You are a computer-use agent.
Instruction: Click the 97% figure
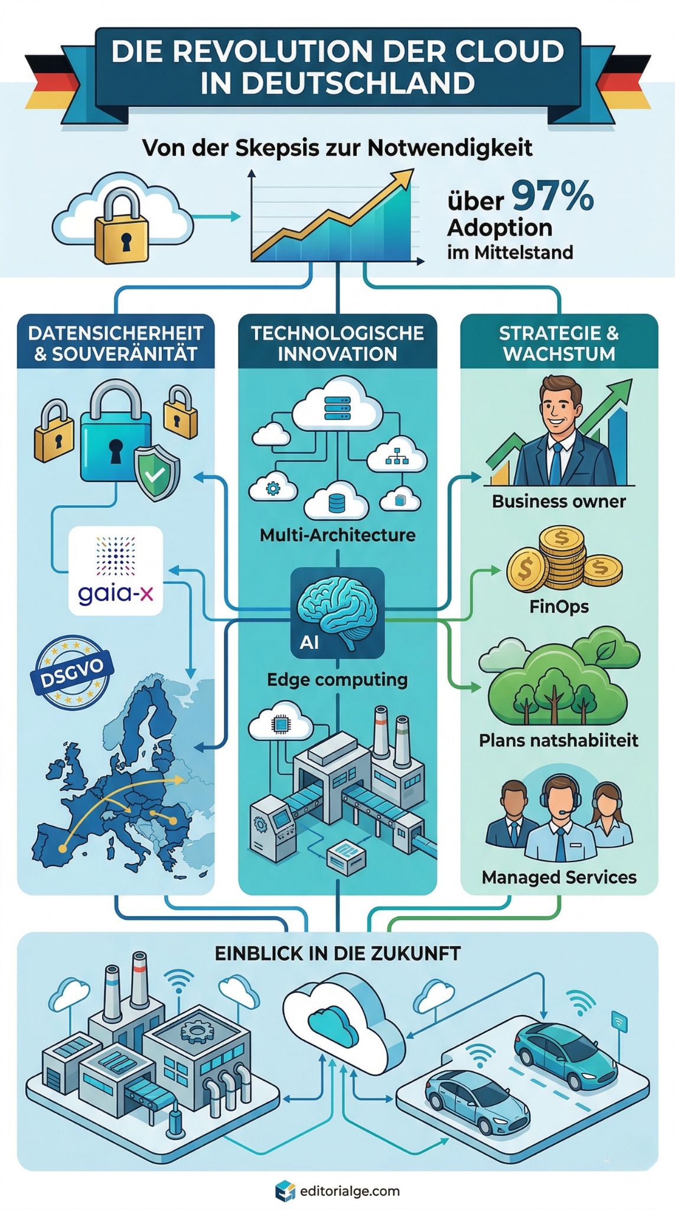coord(552,197)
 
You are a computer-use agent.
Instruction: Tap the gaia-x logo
coord(116,571)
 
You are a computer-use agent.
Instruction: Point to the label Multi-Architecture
coord(337,535)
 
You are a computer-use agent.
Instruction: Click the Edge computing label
coord(337,679)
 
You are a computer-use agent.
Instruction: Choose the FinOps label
coord(559,607)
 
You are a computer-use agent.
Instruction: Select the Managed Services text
coord(559,877)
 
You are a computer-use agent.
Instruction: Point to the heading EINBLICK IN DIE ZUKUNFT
coord(337,954)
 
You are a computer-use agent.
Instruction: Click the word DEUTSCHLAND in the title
coord(337,83)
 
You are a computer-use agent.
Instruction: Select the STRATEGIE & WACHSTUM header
coord(559,343)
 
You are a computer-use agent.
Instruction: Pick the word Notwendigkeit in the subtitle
coord(450,148)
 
